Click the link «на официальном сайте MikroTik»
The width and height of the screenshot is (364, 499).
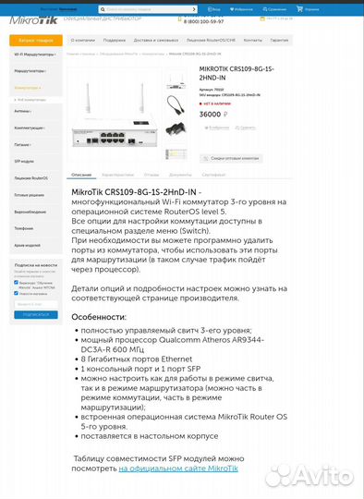point(177,469)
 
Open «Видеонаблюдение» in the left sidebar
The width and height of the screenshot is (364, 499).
point(30,211)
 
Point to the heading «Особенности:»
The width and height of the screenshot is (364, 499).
point(99,317)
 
